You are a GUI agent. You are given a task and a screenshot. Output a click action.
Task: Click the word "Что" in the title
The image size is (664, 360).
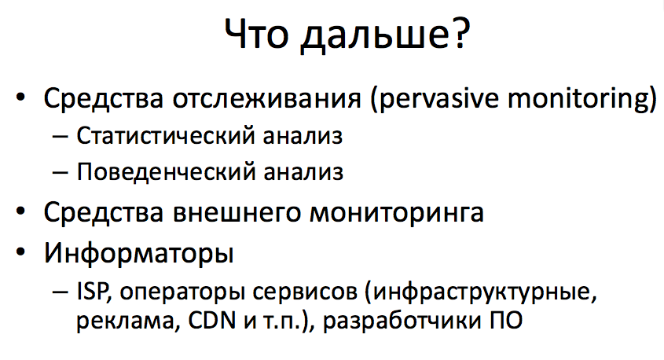tap(256, 36)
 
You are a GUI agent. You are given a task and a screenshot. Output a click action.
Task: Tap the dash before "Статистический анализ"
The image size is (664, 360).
tap(62, 137)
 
